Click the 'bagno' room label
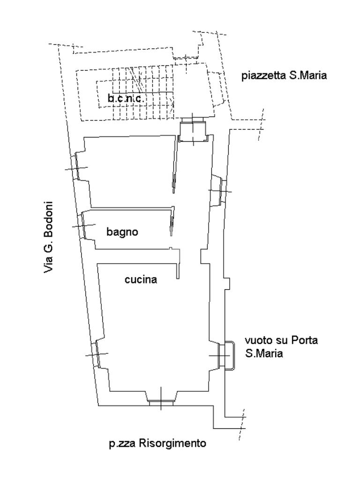122,232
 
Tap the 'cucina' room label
141,279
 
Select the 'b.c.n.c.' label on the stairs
126,98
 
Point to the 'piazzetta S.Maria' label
284,75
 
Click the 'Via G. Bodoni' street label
48,237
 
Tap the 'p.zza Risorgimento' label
157,443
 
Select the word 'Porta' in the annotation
304,340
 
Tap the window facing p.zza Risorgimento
161,401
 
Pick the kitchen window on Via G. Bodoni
97,354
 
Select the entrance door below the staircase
193,130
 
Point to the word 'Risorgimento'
172,443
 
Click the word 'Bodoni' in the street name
48,218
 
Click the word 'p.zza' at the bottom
122,444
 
